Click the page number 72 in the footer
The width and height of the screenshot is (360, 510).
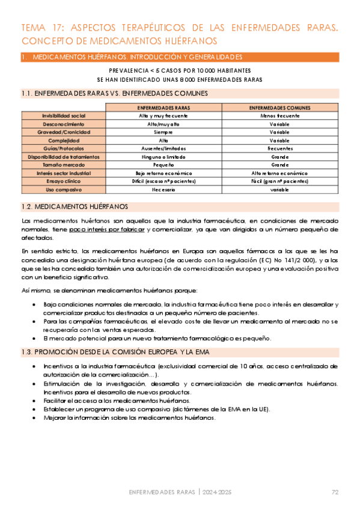click(335, 493)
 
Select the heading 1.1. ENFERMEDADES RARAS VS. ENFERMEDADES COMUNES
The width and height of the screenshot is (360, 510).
click(114, 93)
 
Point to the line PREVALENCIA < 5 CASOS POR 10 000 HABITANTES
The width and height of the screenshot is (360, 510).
click(180, 70)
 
